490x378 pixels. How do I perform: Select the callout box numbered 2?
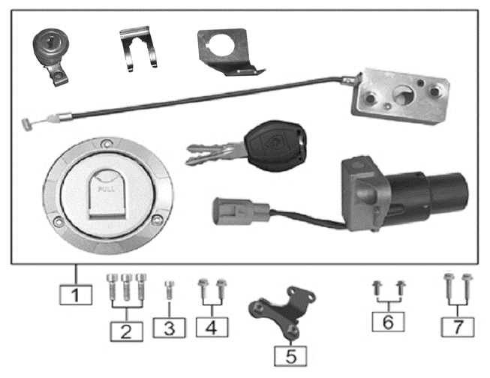[x=125, y=329]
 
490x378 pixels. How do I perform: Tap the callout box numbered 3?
[x=169, y=328]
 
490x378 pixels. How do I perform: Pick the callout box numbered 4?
[x=211, y=327]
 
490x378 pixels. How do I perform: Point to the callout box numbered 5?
[x=290, y=352]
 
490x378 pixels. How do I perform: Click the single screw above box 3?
[x=169, y=289]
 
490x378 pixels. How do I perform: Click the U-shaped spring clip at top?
[x=139, y=49]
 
